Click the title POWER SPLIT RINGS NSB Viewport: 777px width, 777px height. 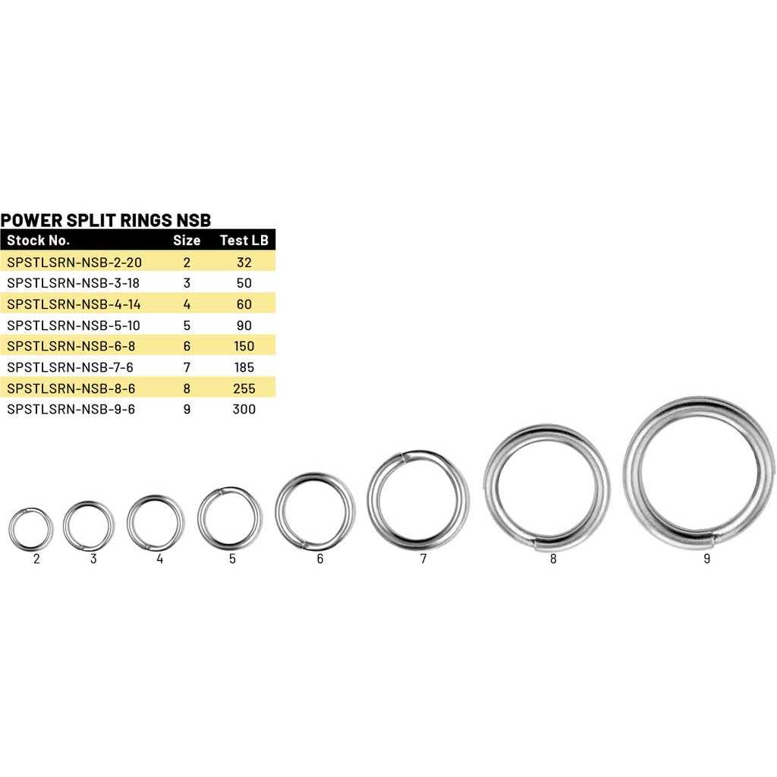click(x=105, y=220)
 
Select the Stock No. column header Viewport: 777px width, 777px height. click(x=38, y=241)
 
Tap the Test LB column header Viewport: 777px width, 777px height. click(x=244, y=241)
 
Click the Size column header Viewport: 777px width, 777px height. click(x=187, y=241)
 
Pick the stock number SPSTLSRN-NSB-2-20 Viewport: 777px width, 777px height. click(x=74, y=263)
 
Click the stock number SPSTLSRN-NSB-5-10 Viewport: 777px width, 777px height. click(x=73, y=325)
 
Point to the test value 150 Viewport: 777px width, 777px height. click(x=244, y=346)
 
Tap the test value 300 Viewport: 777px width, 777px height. click(x=244, y=409)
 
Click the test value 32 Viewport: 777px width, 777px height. click(x=244, y=263)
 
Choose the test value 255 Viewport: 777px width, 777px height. click(x=244, y=388)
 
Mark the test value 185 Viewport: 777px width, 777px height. click(x=244, y=367)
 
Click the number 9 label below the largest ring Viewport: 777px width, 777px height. click(x=706, y=560)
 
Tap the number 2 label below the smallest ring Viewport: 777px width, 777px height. click(x=36, y=559)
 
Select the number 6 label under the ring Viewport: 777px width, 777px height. click(x=319, y=559)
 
